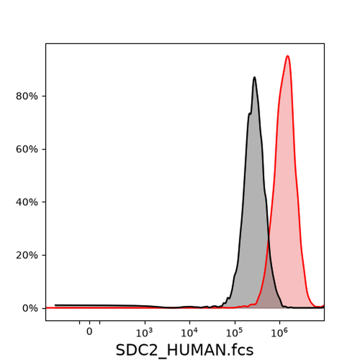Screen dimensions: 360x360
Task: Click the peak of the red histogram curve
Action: [287, 56]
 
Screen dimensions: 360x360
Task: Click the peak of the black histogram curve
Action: [255, 77]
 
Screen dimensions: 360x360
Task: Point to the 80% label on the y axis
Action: [27, 96]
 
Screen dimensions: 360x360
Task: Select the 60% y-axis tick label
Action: [27, 149]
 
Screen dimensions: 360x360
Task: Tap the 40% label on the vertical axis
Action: [27, 202]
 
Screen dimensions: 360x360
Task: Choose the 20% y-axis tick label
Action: [27, 255]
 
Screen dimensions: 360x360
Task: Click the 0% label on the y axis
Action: [30, 308]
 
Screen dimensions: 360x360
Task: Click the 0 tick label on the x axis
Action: [90, 332]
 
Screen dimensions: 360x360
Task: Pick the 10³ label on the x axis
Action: [144, 332]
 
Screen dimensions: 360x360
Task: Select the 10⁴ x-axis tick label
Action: [189, 332]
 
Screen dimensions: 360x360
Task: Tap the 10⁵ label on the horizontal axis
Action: [234, 332]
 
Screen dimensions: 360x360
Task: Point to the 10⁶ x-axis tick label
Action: [279, 332]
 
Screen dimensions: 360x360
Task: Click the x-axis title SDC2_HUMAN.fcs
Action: [185, 350]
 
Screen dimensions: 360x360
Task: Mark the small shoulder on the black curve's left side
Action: [250, 113]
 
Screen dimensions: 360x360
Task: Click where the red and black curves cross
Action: [269, 241]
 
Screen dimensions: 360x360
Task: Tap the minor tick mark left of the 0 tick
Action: [79, 322]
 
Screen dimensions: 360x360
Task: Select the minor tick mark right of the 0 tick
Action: [100, 322]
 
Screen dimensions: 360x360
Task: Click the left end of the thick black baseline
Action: [55, 305]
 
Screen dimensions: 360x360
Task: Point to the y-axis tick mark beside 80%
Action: [44, 96]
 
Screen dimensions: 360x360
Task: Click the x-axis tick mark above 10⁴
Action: [190, 322]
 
